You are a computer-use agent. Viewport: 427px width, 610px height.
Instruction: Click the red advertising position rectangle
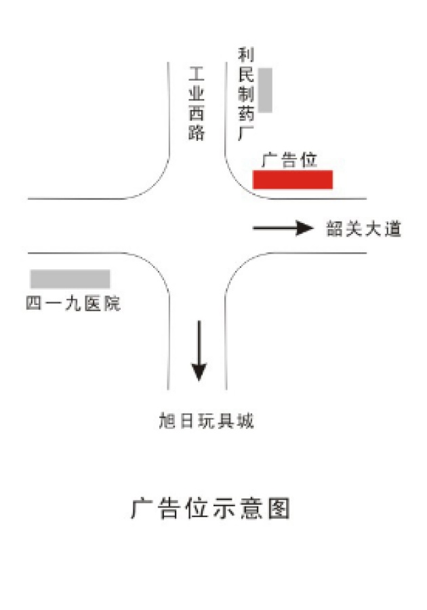(x=293, y=180)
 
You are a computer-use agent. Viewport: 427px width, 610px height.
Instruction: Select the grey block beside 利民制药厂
(x=265, y=89)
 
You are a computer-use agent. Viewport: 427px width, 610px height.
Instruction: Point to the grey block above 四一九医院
(x=70, y=279)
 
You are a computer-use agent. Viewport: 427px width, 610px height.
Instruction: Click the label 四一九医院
(x=73, y=304)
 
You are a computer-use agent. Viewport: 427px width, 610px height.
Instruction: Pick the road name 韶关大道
(x=364, y=230)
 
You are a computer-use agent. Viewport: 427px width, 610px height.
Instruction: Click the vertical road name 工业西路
(x=197, y=103)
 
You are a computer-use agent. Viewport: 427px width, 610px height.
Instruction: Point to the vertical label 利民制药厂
(x=245, y=93)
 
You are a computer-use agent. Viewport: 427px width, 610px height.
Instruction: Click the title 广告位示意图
(x=211, y=508)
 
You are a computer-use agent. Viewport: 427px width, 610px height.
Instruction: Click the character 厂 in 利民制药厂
(x=245, y=134)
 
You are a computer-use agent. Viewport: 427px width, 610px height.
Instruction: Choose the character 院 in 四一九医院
(x=112, y=304)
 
